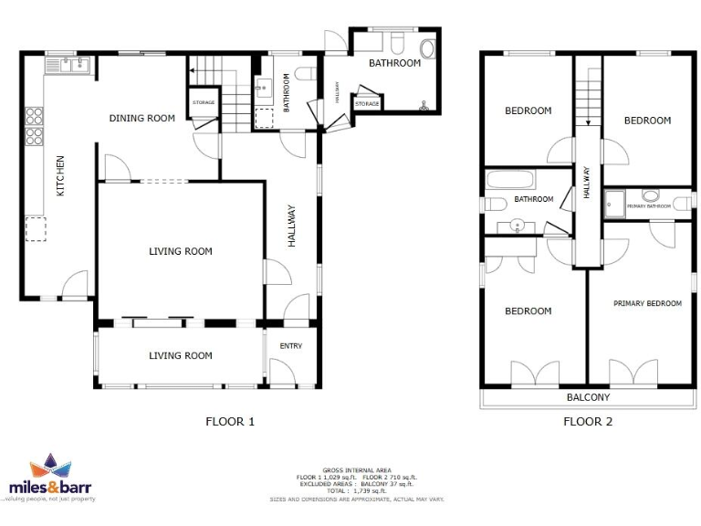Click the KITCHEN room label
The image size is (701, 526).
[x=61, y=176]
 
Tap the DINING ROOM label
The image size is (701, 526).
[x=141, y=118]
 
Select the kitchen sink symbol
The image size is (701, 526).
[x=69, y=64]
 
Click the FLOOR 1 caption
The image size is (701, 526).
[x=230, y=421]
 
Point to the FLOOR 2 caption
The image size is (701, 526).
[x=588, y=421]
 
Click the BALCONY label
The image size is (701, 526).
[x=588, y=397]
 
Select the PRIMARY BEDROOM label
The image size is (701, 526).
[x=647, y=303]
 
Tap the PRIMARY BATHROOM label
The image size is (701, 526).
[x=649, y=206]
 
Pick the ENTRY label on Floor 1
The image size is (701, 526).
[x=290, y=346]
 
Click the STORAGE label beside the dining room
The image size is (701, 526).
[x=204, y=102]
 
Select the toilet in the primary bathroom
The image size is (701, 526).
[x=652, y=195]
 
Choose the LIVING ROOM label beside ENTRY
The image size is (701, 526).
[x=181, y=356]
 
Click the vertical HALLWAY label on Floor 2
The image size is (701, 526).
[x=587, y=183]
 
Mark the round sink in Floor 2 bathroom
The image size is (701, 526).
[x=518, y=225]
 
